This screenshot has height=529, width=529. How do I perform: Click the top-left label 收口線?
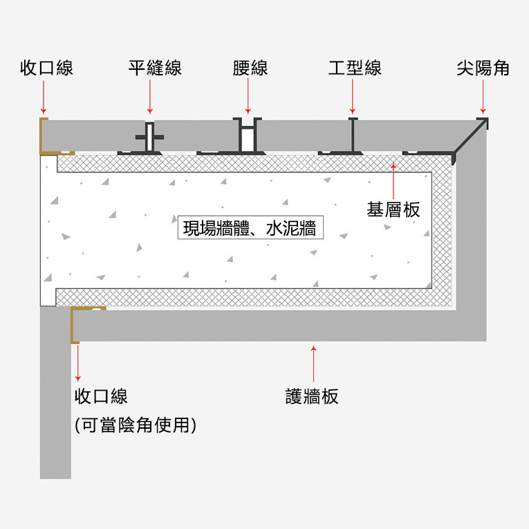pos(46,68)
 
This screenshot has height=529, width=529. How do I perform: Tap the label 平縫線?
pos(155,68)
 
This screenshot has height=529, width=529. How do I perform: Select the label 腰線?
pos(250,68)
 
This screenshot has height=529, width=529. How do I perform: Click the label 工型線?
pos(354,68)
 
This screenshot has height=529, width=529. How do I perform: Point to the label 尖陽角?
pos(483,68)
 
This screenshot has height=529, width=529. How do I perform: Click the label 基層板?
pos(393,210)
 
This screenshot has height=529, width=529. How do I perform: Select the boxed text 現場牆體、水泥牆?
pos(250,228)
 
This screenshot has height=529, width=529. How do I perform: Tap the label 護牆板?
pos(312,396)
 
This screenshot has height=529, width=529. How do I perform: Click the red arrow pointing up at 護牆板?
pos(313,364)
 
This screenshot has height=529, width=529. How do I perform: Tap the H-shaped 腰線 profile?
pos(248,136)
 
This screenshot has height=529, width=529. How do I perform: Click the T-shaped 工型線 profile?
pos(353,138)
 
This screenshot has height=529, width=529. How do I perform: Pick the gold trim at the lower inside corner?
pos(75,324)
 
